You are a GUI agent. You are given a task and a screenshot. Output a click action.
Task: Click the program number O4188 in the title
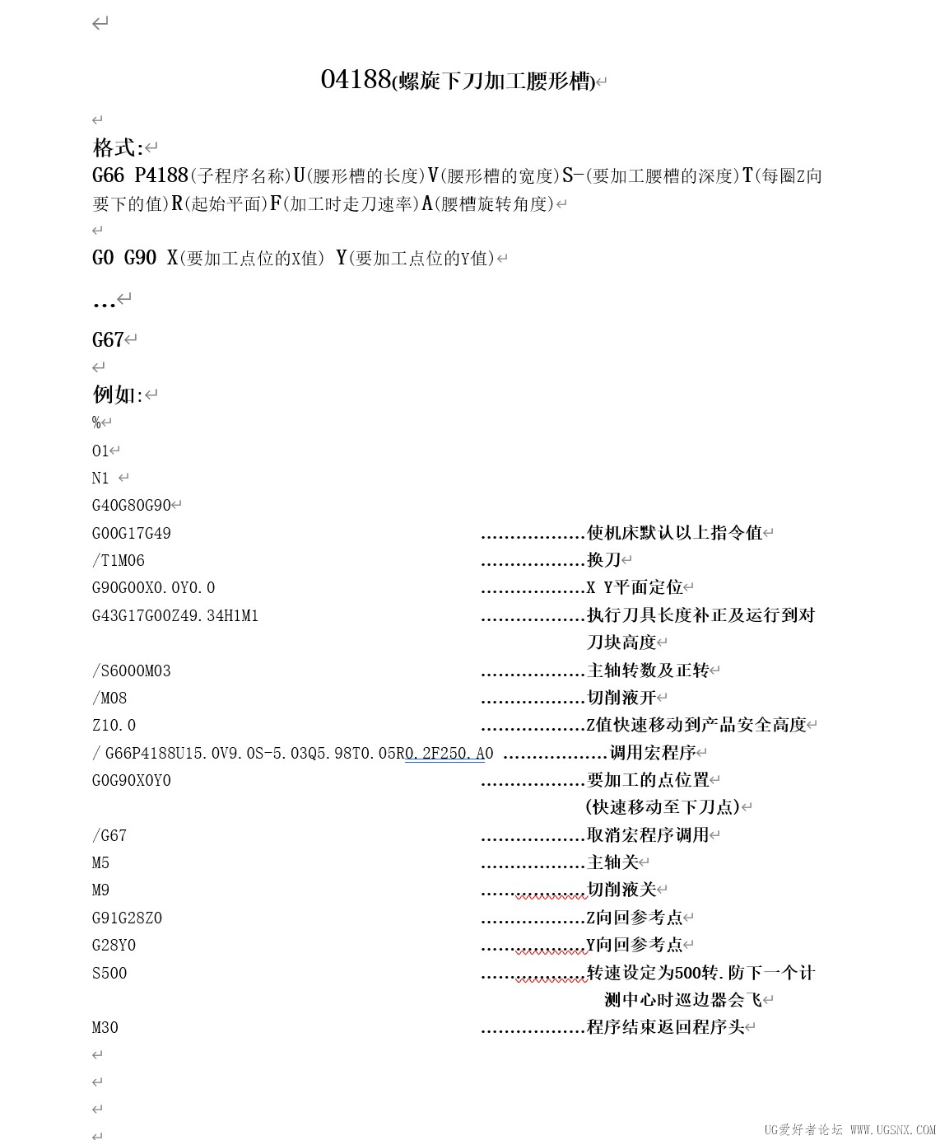pos(355,79)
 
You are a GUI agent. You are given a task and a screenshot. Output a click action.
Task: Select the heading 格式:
pos(118,148)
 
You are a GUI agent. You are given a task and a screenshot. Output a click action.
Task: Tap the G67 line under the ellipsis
pos(108,339)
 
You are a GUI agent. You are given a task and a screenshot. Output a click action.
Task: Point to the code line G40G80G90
pos(132,505)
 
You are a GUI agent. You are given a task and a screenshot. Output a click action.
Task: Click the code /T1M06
pos(119,560)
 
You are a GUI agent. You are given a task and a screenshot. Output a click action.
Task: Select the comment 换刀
pos(604,560)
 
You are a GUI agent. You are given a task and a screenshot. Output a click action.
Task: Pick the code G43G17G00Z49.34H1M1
pos(175,615)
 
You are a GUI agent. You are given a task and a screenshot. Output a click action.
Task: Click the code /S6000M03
pos(132,670)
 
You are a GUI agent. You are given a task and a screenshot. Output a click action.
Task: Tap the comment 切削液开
pos(621,698)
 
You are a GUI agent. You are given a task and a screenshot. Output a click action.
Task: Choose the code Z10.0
pos(114,725)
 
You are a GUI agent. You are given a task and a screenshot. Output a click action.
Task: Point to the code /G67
pos(109,835)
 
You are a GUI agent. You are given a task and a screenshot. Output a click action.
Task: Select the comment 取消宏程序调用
pos(647,835)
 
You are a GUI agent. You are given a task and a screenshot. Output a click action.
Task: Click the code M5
pos(101,862)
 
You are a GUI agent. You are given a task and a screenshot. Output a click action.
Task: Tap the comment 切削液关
pos(621,890)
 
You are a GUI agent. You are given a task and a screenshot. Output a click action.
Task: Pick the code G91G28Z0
pos(128,918)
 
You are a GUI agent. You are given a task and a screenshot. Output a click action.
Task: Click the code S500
pos(109,973)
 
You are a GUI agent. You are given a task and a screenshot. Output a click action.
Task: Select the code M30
pos(105,1027)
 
